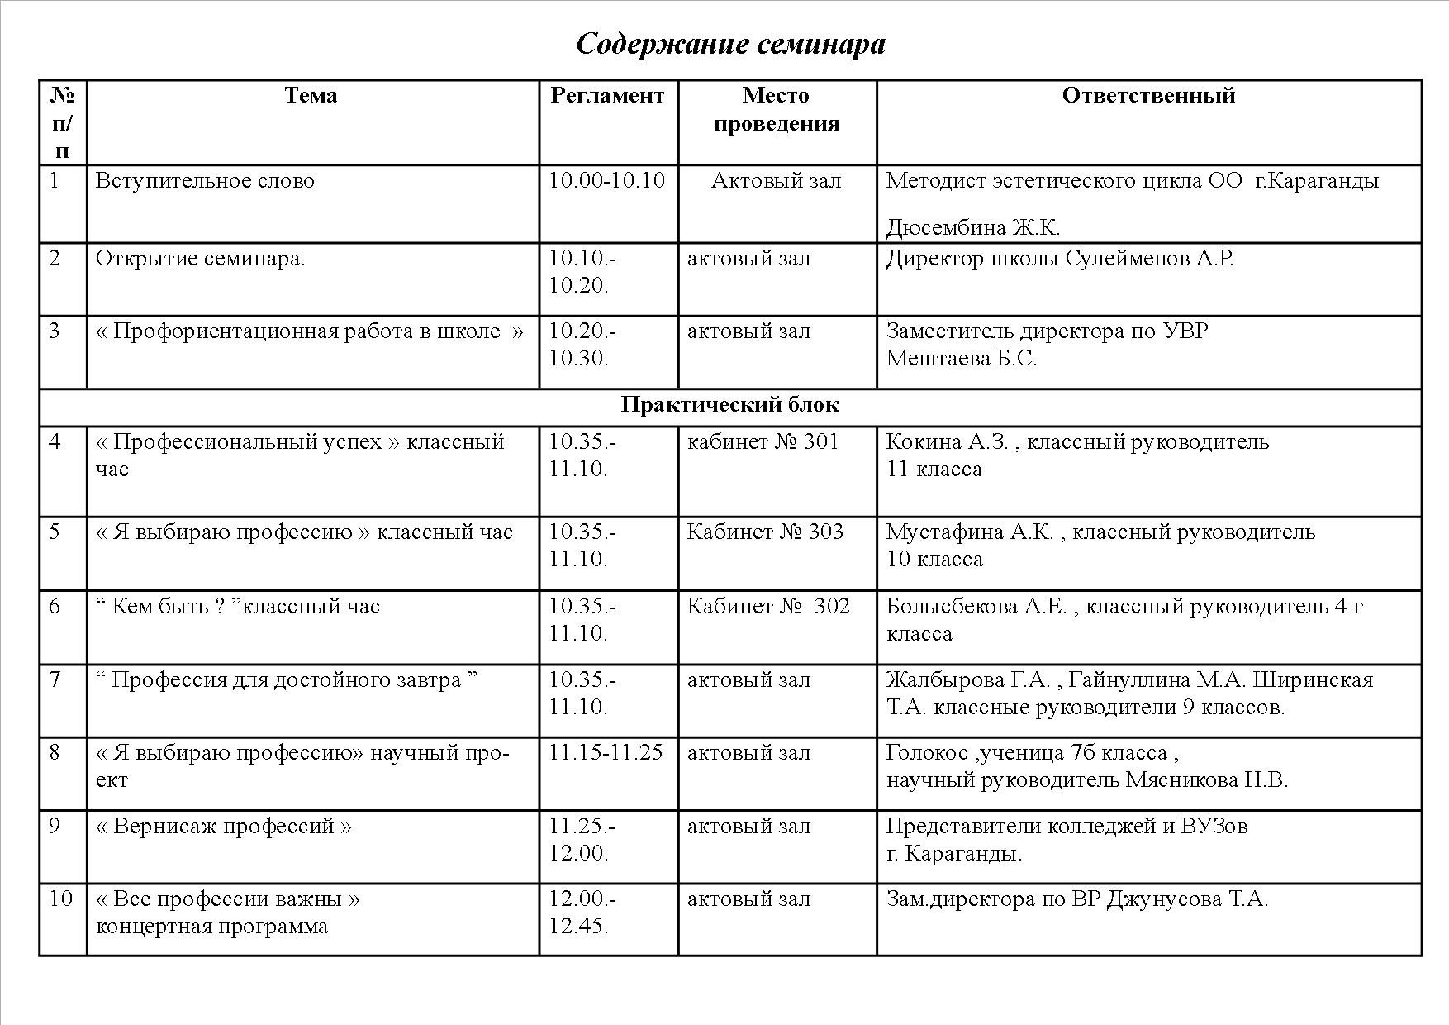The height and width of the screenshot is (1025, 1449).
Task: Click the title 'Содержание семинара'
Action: (x=730, y=44)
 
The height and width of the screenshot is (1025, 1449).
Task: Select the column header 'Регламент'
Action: (x=607, y=96)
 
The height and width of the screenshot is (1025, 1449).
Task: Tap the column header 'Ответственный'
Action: (x=1148, y=96)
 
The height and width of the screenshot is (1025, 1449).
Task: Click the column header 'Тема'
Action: (x=311, y=96)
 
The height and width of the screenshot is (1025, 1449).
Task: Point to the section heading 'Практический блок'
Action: (x=730, y=405)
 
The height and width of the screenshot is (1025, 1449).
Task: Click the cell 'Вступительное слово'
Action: (x=205, y=181)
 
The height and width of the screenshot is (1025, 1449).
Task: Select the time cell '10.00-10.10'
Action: (x=607, y=181)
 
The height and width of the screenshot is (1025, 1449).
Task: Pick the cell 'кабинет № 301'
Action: (x=763, y=442)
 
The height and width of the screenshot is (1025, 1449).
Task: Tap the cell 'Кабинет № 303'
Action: (x=765, y=532)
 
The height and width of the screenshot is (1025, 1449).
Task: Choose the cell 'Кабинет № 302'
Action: (x=768, y=607)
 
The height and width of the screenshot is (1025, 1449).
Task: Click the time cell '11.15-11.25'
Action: (x=606, y=753)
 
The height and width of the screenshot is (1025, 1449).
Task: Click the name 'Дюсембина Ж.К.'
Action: (x=972, y=228)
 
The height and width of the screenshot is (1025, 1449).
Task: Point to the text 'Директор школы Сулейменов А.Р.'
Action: (x=1060, y=259)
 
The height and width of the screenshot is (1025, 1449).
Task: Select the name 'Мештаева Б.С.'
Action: (x=962, y=359)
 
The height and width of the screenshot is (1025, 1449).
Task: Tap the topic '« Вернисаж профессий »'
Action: (x=224, y=827)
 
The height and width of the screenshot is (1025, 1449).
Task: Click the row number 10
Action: (x=61, y=899)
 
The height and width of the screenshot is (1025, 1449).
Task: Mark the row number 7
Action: (x=55, y=680)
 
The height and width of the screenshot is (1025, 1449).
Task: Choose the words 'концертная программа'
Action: (x=212, y=927)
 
